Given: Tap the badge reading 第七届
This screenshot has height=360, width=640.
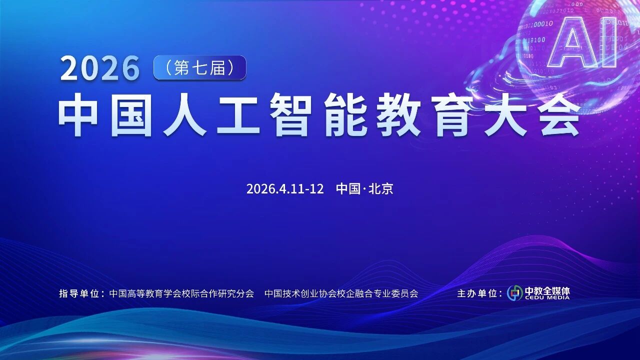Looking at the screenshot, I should pyautogui.click(x=199, y=67).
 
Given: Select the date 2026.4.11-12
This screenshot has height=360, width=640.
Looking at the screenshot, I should pyautogui.click(x=285, y=189).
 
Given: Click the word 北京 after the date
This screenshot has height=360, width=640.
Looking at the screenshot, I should pyautogui.click(x=380, y=189).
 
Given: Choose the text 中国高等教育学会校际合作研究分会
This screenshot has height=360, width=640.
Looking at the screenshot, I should pyautogui.click(x=181, y=293).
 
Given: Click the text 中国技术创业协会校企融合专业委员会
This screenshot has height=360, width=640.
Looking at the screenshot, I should pyautogui.click(x=341, y=293).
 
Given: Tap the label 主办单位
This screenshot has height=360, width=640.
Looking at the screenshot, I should pyautogui.click(x=478, y=293).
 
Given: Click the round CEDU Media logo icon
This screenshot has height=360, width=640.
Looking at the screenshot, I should pyautogui.click(x=514, y=293).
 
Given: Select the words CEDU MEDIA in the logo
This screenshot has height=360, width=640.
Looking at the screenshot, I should pyautogui.click(x=547, y=297).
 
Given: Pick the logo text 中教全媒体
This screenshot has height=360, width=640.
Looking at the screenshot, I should pyautogui.click(x=547, y=290).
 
